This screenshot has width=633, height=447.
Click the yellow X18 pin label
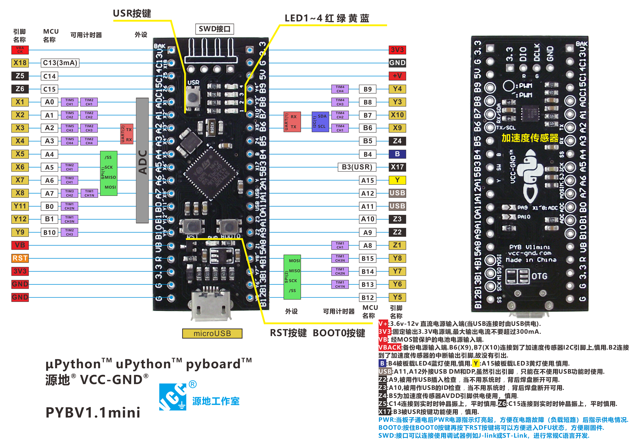click(x=20, y=63)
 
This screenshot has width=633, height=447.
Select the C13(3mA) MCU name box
click(x=60, y=63)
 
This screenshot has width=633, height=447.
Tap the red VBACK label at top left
click(x=20, y=50)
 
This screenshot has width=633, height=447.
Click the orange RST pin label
click(x=20, y=258)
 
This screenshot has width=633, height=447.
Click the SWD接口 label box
click(x=214, y=29)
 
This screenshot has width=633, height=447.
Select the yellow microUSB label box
click(x=212, y=333)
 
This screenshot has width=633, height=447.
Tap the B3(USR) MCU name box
click(x=357, y=167)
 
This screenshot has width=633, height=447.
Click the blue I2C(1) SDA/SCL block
click(x=320, y=122)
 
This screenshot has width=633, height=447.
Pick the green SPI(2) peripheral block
click(x=292, y=277)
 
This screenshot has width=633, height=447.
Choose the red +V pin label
click(x=397, y=76)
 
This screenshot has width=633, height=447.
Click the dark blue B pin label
click(x=397, y=154)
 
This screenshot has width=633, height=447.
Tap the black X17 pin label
click(x=397, y=167)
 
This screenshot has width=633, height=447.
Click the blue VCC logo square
click(x=173, y=397)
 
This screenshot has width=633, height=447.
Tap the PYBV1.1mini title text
click(x=93, y=413)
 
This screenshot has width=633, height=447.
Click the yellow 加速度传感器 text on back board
click(x=530, y=138)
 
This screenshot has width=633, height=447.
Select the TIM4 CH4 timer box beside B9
click(x=340, y=89)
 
